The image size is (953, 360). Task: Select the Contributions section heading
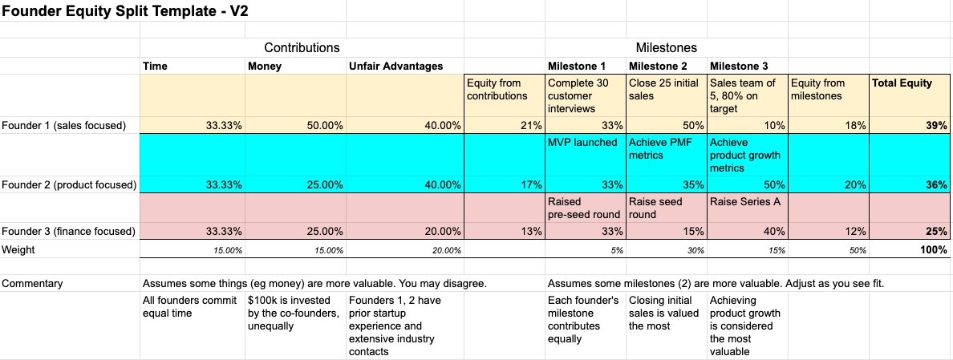click(x=302, y=48)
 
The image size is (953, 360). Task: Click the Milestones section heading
click(x=666, y=48)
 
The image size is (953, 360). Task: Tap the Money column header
click(x=265, y=67)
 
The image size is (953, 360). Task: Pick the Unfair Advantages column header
click(x=395, y=67)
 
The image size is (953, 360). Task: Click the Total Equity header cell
click(x=902, y=83)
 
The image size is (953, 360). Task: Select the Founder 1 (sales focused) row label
click(x=64, y=126)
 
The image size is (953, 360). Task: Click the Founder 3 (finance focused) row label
click(x=68, y=232)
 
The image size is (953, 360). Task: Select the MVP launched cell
click(x=582, y=143)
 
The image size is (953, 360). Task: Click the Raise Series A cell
click(x=744, y=202)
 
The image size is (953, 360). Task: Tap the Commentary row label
click(x=32, y=284)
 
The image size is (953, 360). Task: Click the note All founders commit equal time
click(x=190, y=307)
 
